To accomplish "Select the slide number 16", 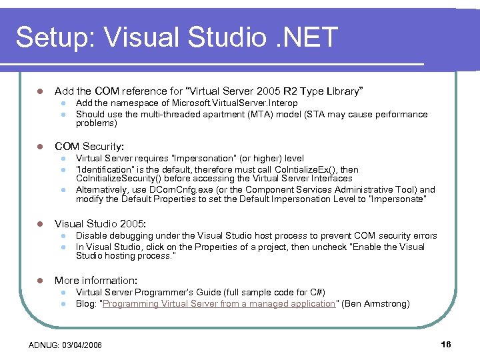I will click(446, 344).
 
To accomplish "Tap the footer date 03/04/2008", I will click(83, 345).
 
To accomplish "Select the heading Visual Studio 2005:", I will click(100, 224).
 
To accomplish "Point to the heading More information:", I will click(96, 281).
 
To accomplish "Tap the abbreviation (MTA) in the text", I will click(258, 115).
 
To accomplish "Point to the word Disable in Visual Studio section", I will click(89, 236).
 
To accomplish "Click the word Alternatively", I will click(102, 190).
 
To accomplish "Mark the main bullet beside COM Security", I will click(40, 146).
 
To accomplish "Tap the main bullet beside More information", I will click(40, 281).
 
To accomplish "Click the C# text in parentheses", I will click(318, 293).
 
